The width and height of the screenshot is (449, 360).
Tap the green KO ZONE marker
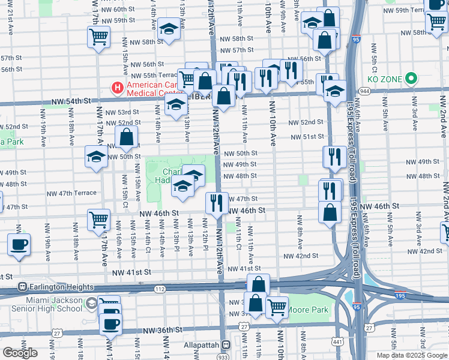point(411,79)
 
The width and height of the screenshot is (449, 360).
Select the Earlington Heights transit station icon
point(23,286)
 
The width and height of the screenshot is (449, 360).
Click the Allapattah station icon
point(226,345)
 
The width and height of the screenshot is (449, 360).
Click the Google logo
point(19,353)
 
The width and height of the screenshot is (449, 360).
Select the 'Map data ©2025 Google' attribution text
point(411,355)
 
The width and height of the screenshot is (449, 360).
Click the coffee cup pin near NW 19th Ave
point(19,245)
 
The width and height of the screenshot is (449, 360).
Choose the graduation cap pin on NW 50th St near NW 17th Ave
point(95,157)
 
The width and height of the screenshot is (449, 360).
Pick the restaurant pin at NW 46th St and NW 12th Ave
point(217,202)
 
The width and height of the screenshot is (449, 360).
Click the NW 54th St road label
point(74,103)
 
